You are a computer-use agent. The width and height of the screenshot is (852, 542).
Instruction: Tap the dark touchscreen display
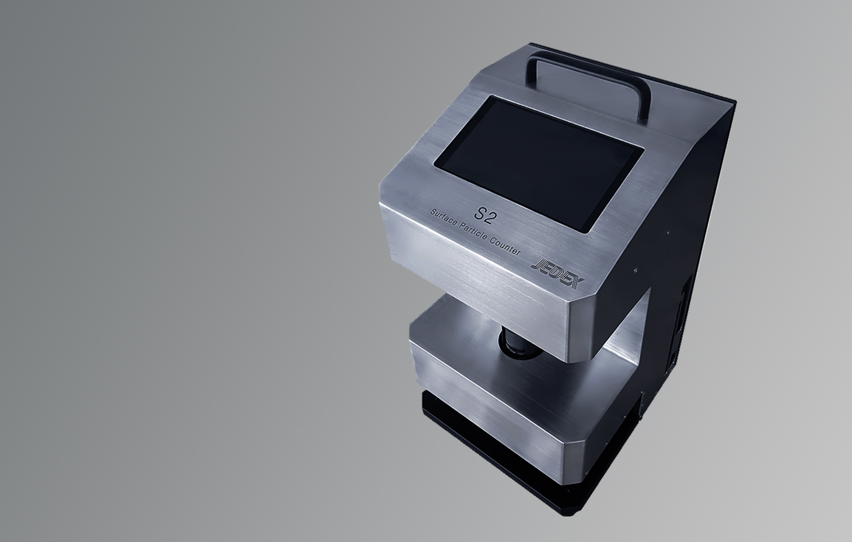(539, 164)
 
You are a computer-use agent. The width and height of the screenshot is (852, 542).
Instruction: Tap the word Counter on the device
(505, 246)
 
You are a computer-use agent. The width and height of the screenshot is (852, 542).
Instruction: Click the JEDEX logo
(557, 274)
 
